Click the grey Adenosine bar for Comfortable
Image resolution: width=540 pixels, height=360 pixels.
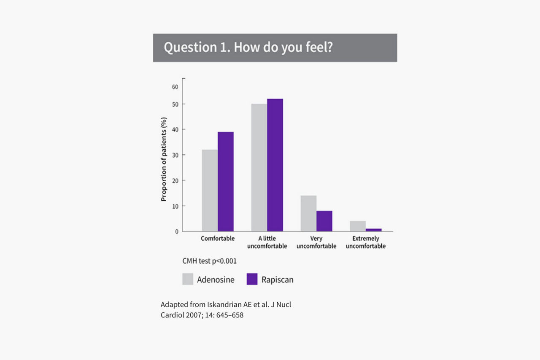pos(210,191)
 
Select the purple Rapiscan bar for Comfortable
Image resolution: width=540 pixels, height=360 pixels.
pos(226,182)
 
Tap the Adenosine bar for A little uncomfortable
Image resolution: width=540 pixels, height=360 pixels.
pos(259,167)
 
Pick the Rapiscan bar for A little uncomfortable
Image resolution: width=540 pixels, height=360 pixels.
pos(275,165)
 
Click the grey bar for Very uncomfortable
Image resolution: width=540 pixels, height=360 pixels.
pos(308,213)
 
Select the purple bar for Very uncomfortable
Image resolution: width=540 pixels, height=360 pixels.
pos(324,221)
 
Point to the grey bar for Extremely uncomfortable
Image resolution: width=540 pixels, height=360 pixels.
pos(358,226)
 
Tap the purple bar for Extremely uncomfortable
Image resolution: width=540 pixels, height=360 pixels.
pos(373,230)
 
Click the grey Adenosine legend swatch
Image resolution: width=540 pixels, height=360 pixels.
pos(188,279)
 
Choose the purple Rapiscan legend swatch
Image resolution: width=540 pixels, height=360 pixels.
pos(252,279)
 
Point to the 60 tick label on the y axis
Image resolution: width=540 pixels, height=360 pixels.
pos(175,87)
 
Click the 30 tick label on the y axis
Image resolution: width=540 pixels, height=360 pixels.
pos(175,155)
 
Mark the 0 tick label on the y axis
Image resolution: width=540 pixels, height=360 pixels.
pos(177,231)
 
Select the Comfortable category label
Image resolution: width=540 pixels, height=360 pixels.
pos(218,239)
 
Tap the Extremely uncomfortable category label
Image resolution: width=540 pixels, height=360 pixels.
pos(366,242)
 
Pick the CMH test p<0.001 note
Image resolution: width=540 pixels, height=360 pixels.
pos(209,261)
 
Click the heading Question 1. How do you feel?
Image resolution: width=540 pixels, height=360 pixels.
pos(248,47)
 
